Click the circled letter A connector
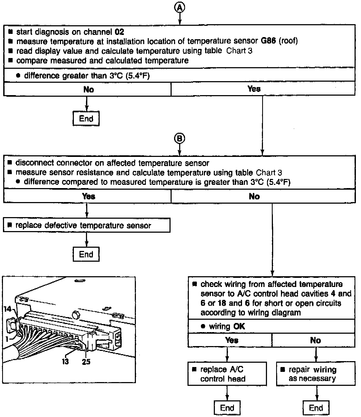point(180,8)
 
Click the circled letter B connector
point(180,139)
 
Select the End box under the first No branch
point(86,118)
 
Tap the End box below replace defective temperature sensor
point(86,254)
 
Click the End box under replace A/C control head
point(227,408)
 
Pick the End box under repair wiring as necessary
point(316,408)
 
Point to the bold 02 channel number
point(120,32)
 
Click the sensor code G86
point(269,41)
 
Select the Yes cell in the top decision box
point(254,89)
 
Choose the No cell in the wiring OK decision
point(315,340)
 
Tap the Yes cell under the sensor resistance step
point(89,196)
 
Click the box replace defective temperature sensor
point(86,225)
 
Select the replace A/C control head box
point(227,374)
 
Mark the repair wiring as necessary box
point(316,374)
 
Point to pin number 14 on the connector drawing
point(8,309)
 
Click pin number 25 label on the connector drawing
point(86,362)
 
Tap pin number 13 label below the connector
point(65,362)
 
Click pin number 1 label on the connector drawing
point(7,339)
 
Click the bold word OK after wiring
point(239,326)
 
